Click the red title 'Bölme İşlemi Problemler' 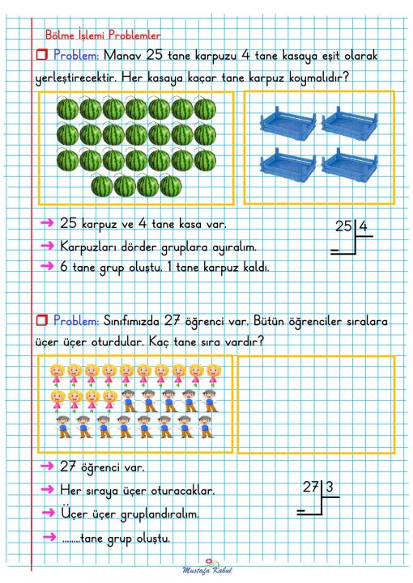(x=101, y=36)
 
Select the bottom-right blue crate (x=351, y=160)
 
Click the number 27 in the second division (x=311, y=488)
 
